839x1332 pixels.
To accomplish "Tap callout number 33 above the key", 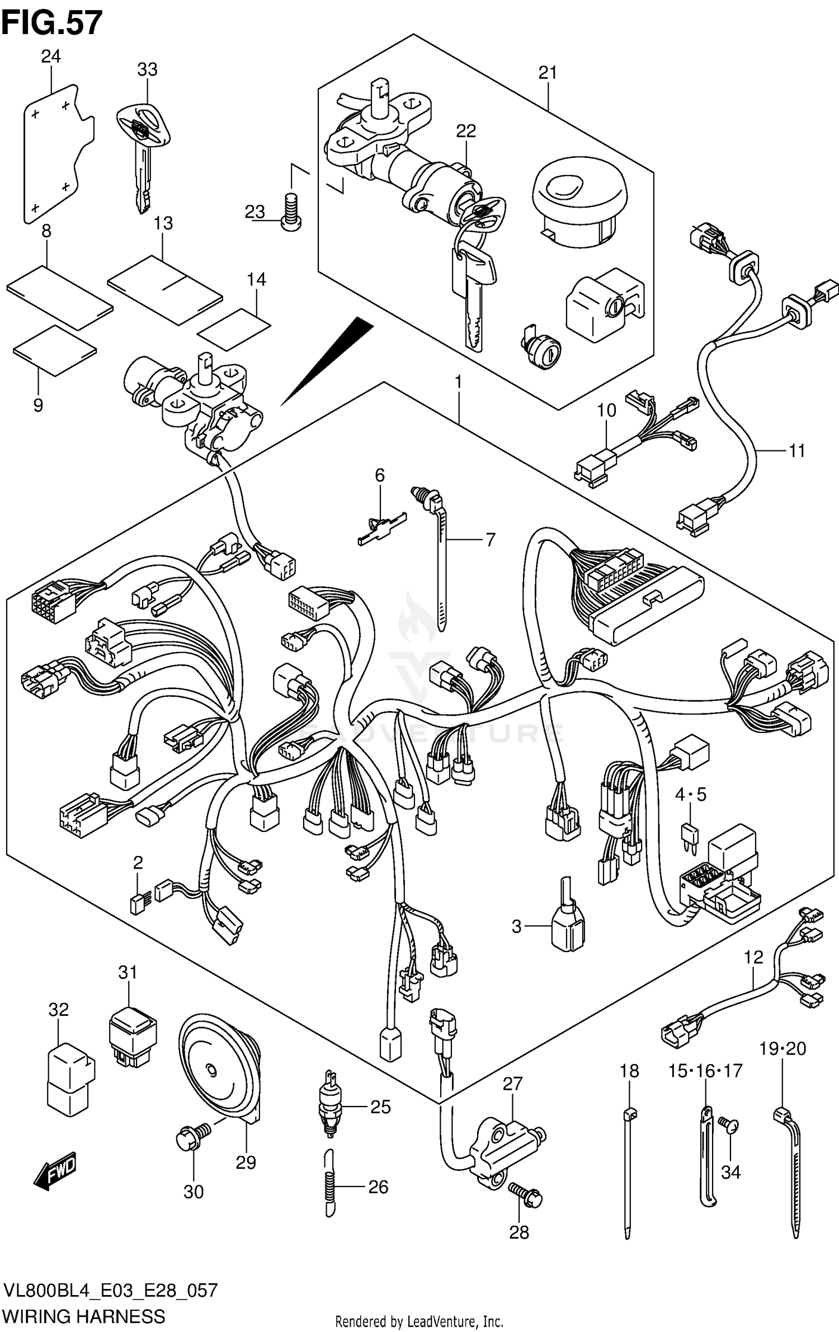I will [147, 70].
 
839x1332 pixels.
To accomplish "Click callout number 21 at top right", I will [548, 73].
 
